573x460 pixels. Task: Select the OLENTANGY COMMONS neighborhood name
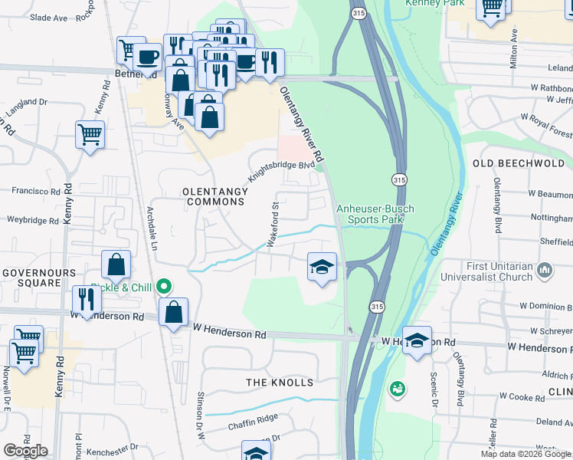click(214, 196)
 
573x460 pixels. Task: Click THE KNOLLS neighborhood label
click(280, 383)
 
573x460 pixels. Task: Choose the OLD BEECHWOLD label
click(519, 163)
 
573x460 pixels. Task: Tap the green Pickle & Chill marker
click(163, 287)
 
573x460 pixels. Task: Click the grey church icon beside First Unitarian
click(545, 270)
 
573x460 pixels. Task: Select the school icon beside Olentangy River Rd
click(322, 268)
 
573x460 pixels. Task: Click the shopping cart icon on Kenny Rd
click(90, 135)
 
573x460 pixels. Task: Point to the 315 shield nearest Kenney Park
click(358, 14)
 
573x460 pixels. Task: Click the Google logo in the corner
click(25, 451)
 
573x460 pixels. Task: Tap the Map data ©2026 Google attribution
click(525, 454)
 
